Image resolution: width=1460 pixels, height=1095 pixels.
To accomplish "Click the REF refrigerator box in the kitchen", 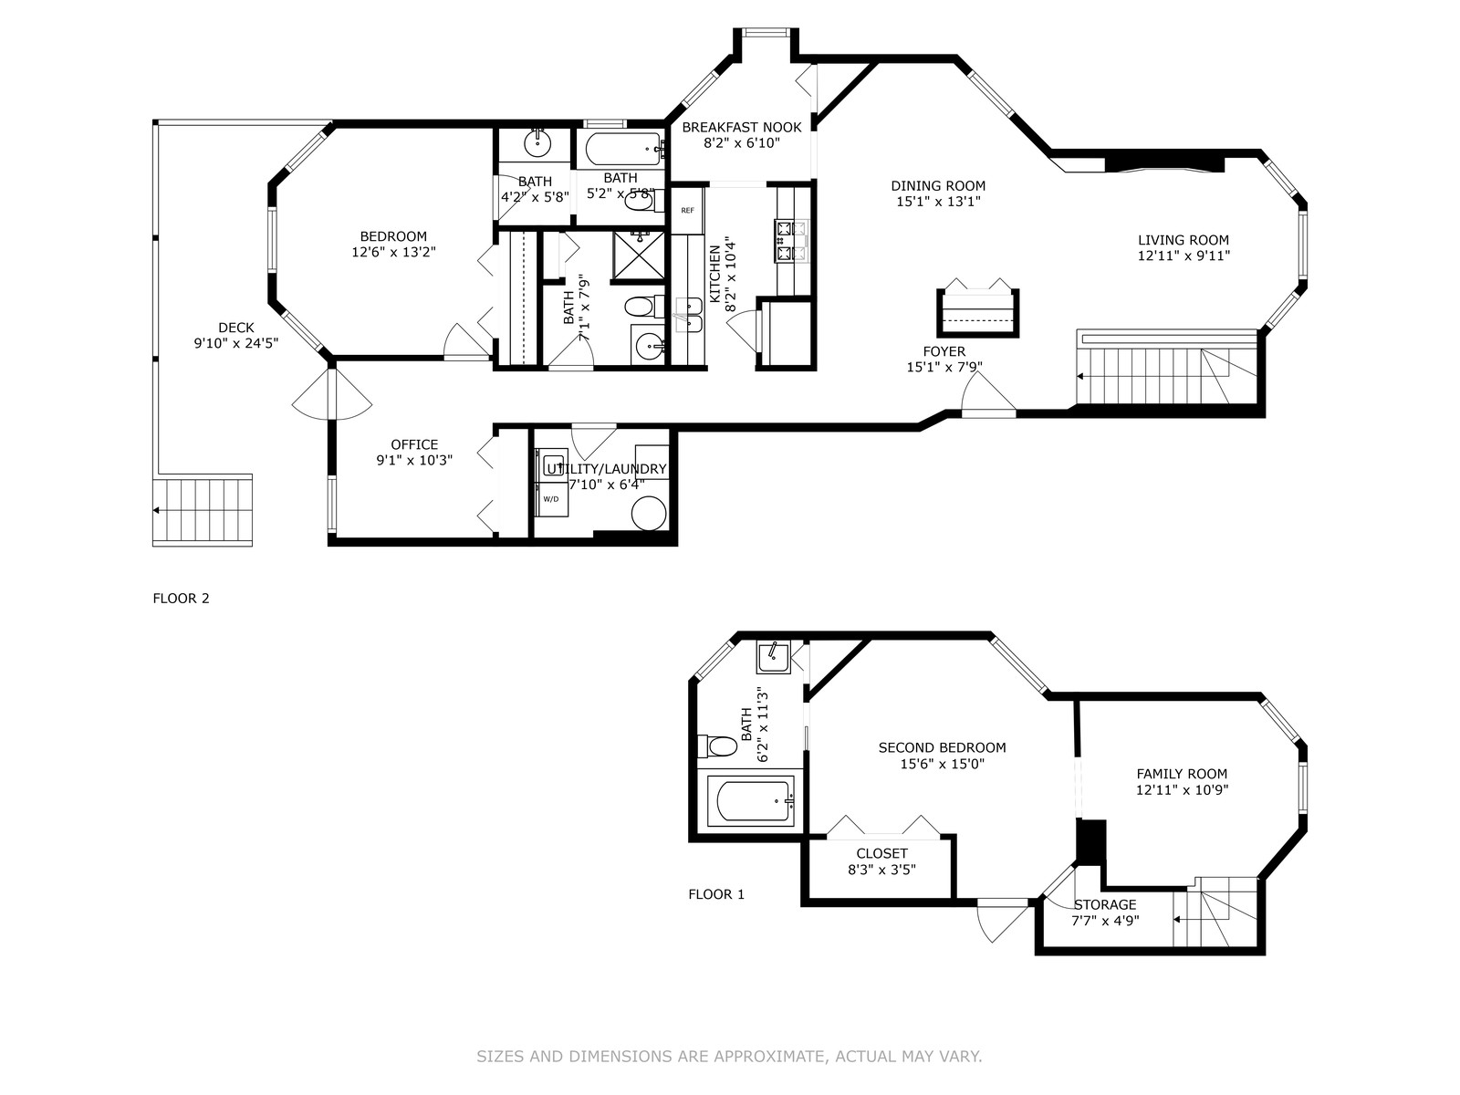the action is (687, 211).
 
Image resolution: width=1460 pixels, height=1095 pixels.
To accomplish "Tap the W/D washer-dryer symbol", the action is (552, 499).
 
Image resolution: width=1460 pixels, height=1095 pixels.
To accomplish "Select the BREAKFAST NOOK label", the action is (742, 127).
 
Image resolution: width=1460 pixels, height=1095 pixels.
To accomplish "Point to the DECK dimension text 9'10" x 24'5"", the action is (236, 343).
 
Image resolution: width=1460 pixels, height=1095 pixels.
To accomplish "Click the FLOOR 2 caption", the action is (181, 599).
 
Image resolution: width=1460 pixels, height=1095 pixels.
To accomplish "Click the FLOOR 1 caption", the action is (716, 894).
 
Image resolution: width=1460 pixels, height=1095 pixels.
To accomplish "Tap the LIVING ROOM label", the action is (1184, 240).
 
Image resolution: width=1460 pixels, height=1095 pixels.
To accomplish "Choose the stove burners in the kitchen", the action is (790, 241).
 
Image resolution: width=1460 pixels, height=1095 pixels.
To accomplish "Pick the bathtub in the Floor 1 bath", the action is (752, 801).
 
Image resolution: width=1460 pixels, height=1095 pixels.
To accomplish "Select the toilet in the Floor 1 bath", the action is (717, 746).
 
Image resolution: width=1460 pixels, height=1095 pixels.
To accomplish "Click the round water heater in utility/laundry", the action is (649, 513).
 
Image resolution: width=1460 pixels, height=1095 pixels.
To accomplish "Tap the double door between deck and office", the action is (332, 395).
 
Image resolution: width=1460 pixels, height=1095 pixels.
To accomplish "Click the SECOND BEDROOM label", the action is (942, 747).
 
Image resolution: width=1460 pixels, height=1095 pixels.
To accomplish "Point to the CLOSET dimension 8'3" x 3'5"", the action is (882, 870).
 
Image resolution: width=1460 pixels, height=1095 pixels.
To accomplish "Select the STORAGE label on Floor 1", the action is (1105, 904).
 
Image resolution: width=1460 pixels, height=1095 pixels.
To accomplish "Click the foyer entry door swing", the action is (988, 392).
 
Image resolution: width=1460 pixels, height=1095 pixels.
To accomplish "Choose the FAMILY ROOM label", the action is (1182, 774).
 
